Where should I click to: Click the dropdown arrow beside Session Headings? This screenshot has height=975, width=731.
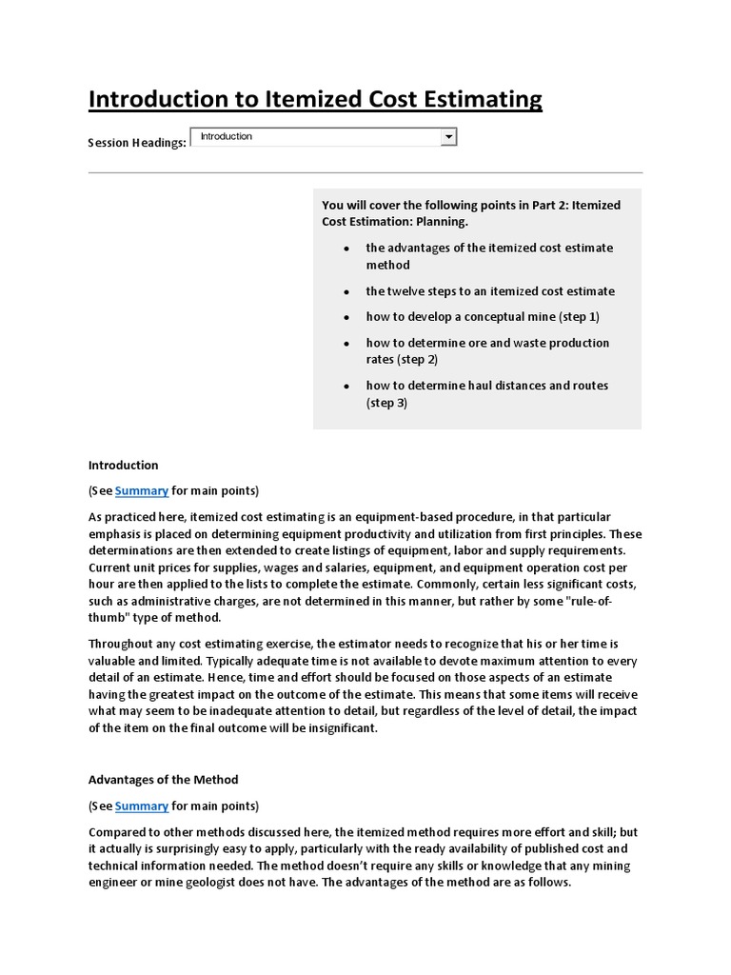tap(448, 138)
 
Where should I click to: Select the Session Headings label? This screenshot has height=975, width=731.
tap(136, 143)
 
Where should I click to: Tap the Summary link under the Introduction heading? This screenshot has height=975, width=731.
tap(142, 490)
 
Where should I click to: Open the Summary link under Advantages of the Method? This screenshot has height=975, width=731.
tap(142, 806)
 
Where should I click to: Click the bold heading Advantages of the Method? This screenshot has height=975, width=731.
tap(163, 780)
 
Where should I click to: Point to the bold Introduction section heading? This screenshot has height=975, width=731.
tap(123, 465)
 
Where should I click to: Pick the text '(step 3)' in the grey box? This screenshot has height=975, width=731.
tap(386, 403)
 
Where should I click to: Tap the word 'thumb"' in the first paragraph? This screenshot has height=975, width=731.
tap(106, 617)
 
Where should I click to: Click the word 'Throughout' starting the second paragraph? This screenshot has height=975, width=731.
tap(121, 644)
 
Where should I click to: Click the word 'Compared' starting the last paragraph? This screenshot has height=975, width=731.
tap(116, 831)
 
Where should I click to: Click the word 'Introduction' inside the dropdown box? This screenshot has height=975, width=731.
tap(227, 137)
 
